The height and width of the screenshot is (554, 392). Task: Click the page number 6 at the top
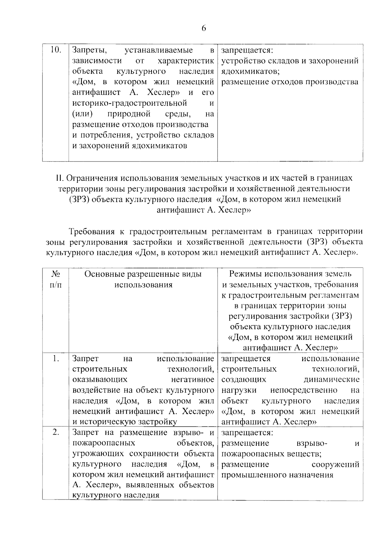click(204, 28)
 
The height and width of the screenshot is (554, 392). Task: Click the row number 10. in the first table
click(56, 50)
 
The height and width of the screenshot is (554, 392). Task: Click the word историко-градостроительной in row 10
click(129, 103)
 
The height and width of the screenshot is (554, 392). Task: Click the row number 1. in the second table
click(56, 359)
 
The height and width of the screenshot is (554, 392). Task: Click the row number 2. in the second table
click(56, 432)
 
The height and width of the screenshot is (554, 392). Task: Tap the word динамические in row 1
click(332, 380)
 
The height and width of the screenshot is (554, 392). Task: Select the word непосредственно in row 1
click(304, 390)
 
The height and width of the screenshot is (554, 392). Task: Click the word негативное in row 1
click(193, 380)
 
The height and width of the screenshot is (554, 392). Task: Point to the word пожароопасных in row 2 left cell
click(104, 443)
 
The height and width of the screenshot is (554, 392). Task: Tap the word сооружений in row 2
click(335, 464)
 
